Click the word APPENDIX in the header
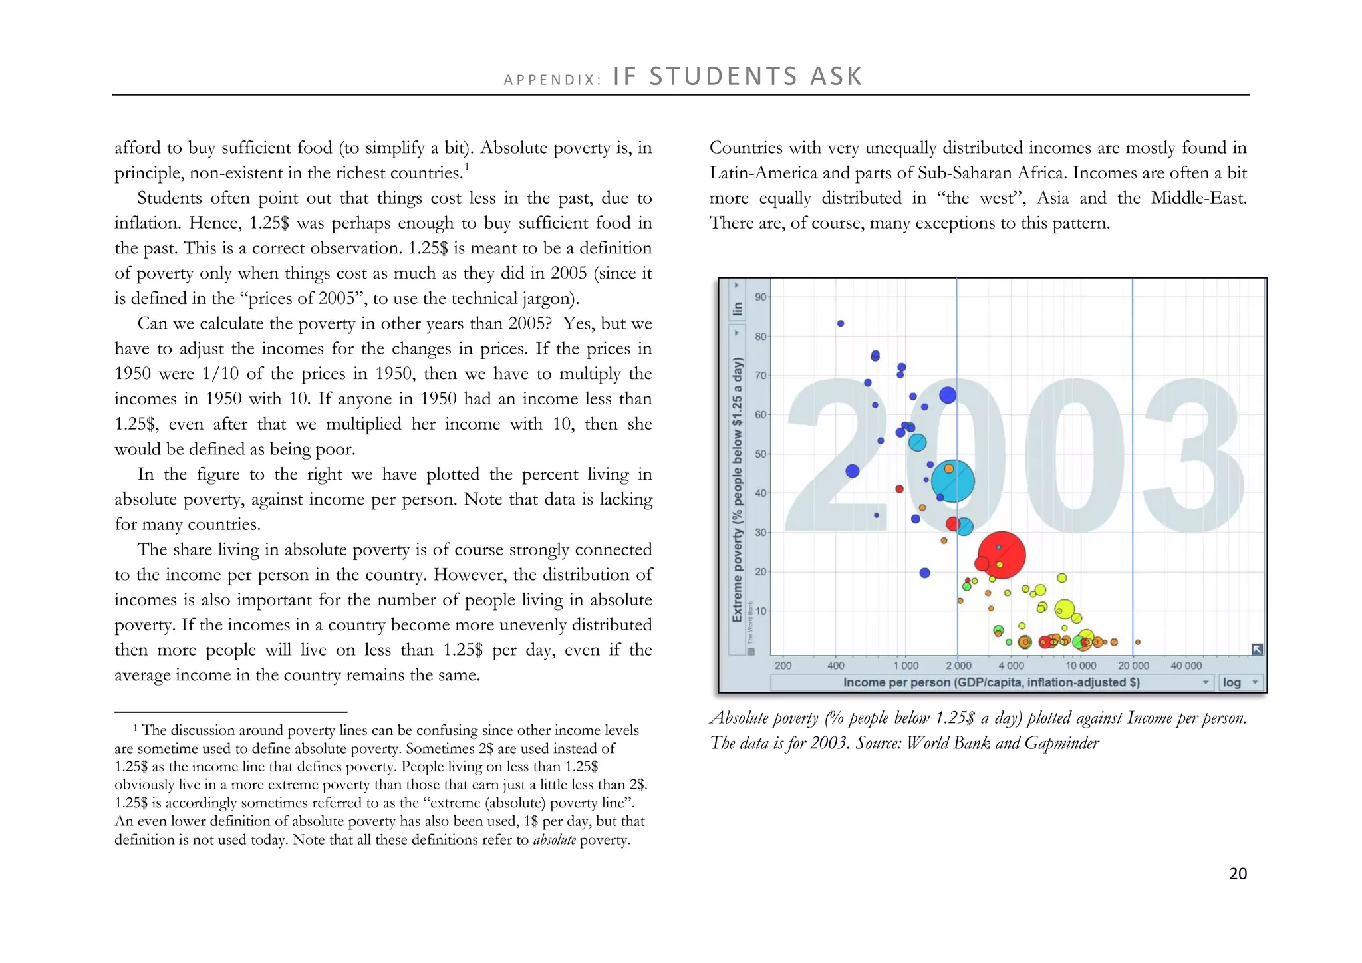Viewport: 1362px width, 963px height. tap(552, 80)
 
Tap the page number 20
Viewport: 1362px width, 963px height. tap(1238, 874)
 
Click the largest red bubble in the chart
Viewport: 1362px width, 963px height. tap(1002, 555)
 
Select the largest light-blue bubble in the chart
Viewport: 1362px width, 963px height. tap(953, 481)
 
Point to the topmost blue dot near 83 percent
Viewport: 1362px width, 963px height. tap(841, 323)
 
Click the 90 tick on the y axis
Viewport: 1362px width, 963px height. tap(760, 297)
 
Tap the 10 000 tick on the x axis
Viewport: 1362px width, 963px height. tap(1081, 666)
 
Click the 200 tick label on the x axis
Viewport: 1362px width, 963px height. tap(783, 666)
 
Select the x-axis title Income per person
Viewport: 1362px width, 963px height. tap(991, 682)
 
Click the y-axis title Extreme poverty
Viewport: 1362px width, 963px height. tap(737, 490)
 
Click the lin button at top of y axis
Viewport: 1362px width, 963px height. tap(737, 309)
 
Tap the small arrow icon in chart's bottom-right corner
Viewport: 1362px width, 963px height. tap(1257, 650)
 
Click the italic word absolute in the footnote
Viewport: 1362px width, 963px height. tap(554, 840)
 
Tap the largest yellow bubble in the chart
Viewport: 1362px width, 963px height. tap(1065, 609)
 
